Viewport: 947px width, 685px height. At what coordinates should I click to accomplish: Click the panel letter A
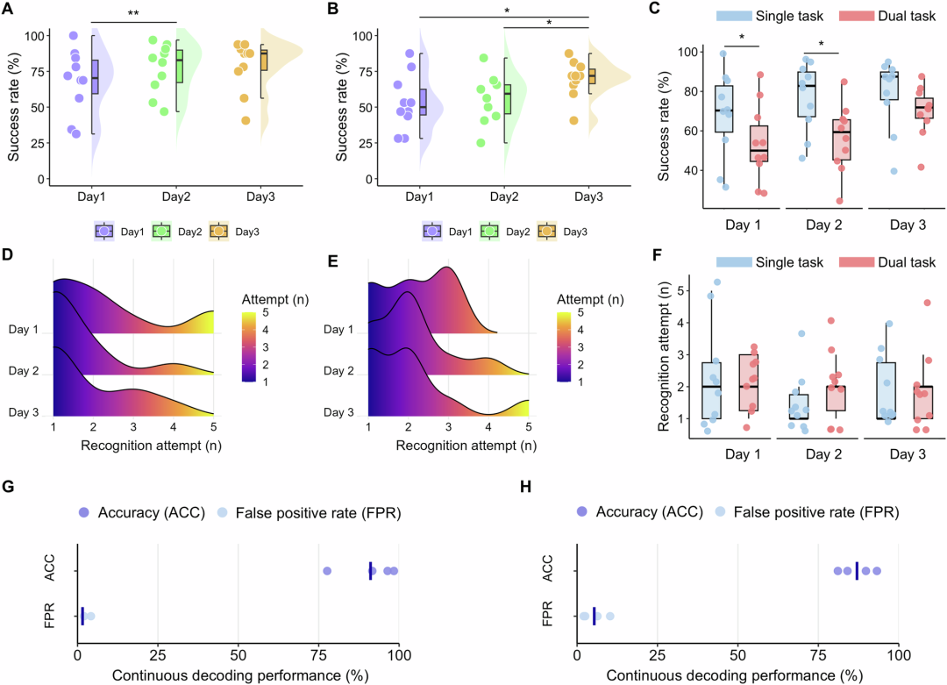[x=8, y=9]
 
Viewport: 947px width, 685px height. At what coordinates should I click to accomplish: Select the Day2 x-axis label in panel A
[x=176, y=197]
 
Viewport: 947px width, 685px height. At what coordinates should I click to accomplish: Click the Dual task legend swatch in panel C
[x=857, y=16]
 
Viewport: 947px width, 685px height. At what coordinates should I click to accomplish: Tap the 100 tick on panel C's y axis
[x=688, y=52]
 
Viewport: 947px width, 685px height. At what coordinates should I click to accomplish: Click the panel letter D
[x=8, y=254]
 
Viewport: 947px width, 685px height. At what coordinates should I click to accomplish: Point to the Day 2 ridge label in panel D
[x=24, y=371]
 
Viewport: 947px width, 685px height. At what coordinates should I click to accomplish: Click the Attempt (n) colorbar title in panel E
[x=589, y=300]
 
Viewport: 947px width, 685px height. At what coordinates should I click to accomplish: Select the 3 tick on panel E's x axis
[x=448, y=427]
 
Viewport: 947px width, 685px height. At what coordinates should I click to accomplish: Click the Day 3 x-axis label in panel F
[x=908, y=454]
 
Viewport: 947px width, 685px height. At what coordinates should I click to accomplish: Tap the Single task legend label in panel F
[x=789, y=262]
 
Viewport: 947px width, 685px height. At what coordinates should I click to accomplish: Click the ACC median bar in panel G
[x=370, y=571]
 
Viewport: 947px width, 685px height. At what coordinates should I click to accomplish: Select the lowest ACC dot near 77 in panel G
[x=327, y=571]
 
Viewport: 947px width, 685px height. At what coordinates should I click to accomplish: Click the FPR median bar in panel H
[x=595, y=616]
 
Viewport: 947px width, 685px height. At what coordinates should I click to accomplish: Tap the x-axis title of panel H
[x=735, y=675]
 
